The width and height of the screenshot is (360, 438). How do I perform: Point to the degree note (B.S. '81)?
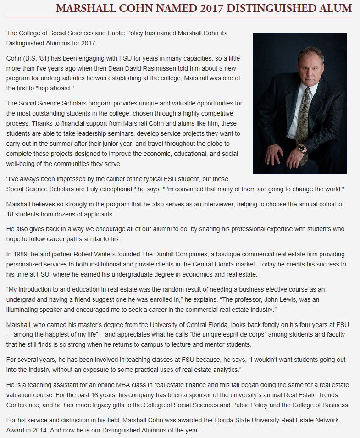tap(41, 59)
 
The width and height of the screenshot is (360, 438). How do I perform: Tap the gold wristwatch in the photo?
tap(301, 148)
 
